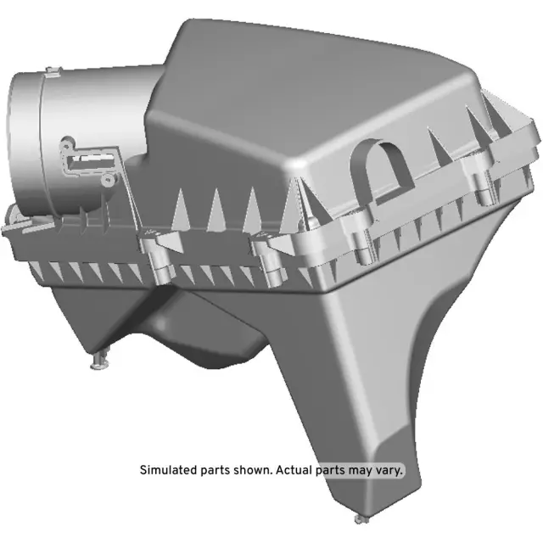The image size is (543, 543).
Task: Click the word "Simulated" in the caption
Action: tap(168, 469)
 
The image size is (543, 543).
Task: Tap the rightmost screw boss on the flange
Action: tap(484, 188)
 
